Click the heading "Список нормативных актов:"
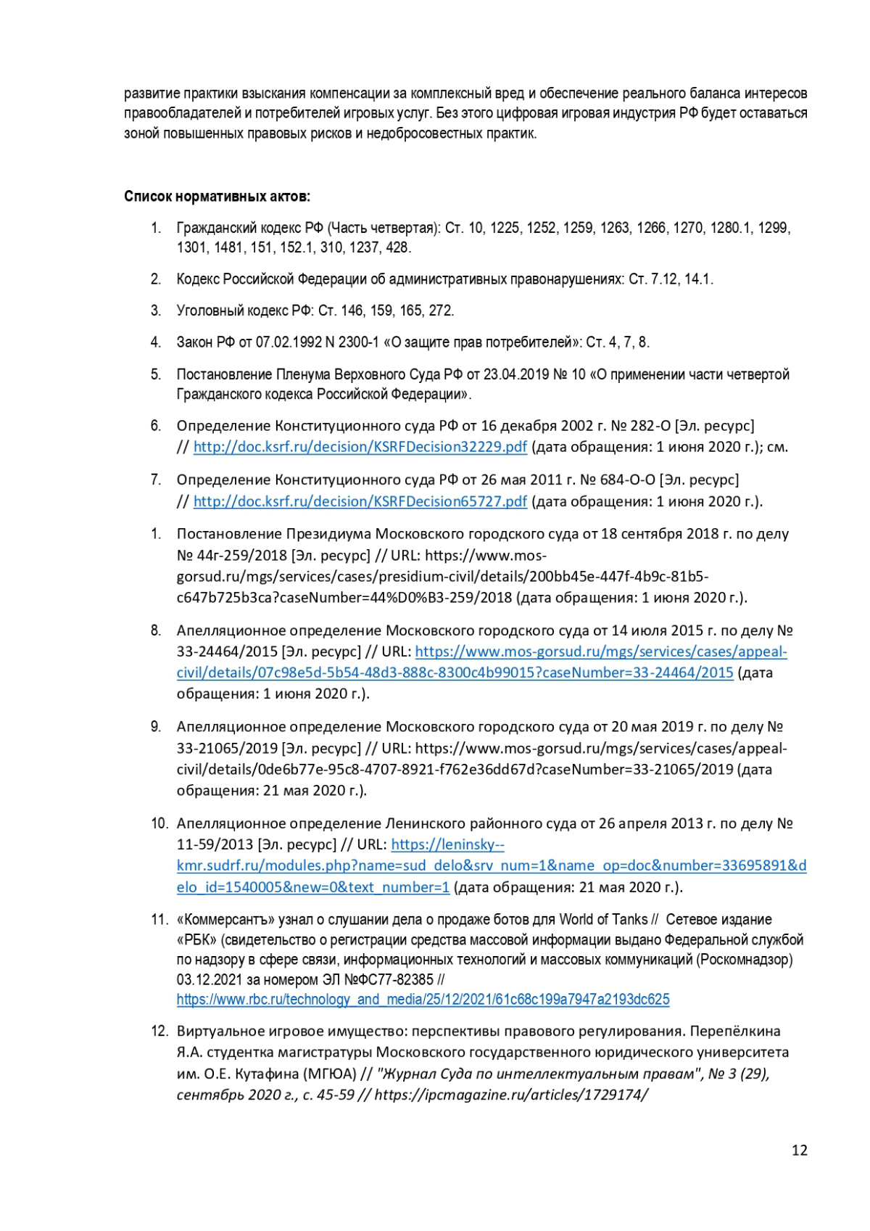tap(217, 197)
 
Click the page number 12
tap(799, 1150)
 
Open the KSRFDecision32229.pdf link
tap(360, 447)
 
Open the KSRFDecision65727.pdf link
tap(360, 501)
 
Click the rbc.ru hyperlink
tap(423, 1000)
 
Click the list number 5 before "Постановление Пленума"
tap(156, 374)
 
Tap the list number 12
tap(159, 1032)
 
